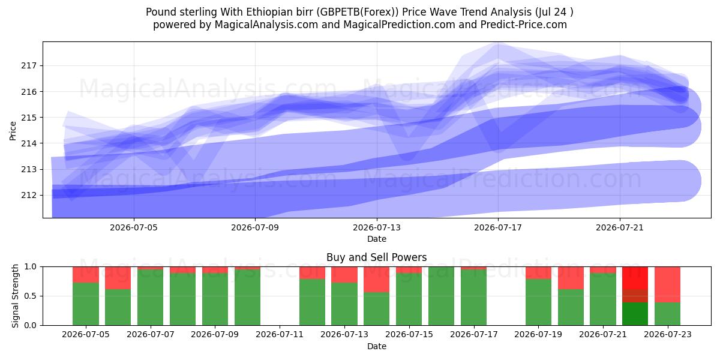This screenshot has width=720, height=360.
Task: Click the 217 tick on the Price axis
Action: point(29,66)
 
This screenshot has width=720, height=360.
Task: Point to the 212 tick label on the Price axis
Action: point(29,196)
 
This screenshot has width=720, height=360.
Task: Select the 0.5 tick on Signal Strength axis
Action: point(31,296)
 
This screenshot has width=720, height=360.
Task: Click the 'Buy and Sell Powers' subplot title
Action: point(376,257)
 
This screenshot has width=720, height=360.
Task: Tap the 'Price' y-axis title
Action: point(13,131)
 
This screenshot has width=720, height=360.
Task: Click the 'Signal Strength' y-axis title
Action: point(15,296)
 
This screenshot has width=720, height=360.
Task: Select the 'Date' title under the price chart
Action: point(377,239)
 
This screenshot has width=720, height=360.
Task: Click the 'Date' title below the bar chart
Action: point(377,346)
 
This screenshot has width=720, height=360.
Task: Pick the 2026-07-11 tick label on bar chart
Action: point(280,335)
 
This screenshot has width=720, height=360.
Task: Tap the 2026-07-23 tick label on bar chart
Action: point(668,335)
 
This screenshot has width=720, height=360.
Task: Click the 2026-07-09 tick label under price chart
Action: point(255,227)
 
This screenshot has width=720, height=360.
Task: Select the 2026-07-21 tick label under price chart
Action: point(620,227)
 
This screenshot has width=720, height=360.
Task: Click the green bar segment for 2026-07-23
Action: point(668,314)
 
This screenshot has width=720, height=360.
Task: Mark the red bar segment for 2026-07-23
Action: point(668,285)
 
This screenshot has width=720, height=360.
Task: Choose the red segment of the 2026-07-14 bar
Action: point(376,280)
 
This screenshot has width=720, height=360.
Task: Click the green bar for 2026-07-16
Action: point(442,296)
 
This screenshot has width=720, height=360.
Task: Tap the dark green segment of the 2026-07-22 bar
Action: point(635,314)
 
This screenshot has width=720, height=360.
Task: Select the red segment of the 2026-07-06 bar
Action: point(118,278)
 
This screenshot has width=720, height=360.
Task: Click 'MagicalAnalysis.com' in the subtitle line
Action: point(266,25)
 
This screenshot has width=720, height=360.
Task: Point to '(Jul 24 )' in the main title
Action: point(554,12)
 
